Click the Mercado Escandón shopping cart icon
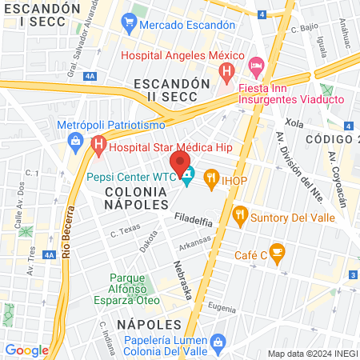tap(129, 25)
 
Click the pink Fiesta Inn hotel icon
tap(256, 63)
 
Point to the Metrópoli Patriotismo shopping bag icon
tap(74, 141)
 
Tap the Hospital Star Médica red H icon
tap(98, 146)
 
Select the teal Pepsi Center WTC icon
tap(187, 176)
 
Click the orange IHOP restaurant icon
tap(211, 178)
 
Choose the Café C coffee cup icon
tap(277, 254)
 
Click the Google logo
tap(26, 350)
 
